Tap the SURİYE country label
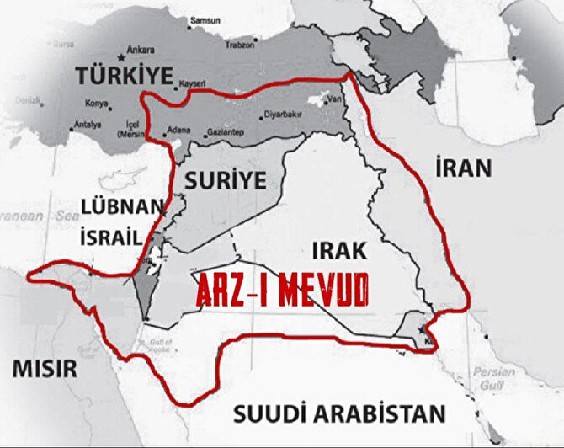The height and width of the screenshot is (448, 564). tap(221, 179)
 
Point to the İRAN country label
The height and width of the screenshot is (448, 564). tap(463, 168)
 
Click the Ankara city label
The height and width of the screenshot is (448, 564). tap(140, 49)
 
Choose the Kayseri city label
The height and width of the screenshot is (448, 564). tap(192, 84)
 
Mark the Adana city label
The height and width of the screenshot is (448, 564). tap(178, 131)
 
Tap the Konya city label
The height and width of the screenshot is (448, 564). tap(98, 104)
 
